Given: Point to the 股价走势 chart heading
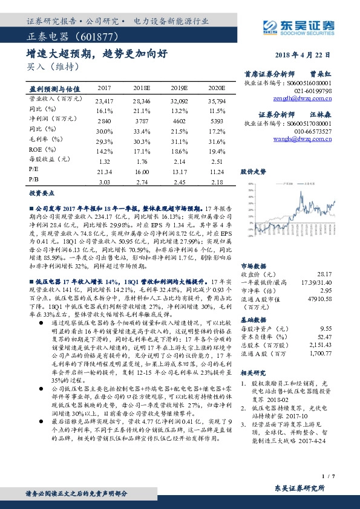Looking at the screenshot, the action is tap(253, 171).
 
